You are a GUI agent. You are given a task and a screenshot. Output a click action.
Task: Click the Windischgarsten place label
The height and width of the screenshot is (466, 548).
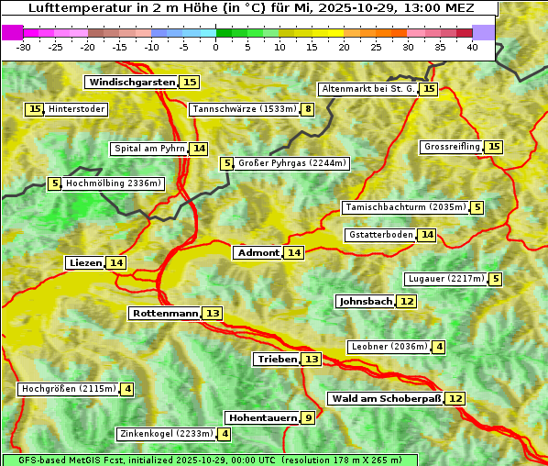click(132, 83)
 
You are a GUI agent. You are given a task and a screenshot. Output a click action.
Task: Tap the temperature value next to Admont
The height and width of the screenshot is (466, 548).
click(293, 253)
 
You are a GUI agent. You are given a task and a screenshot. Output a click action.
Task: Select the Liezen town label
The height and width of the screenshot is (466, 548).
click(85, 263)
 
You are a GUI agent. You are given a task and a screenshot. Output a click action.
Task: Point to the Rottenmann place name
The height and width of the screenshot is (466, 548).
click(165, 314)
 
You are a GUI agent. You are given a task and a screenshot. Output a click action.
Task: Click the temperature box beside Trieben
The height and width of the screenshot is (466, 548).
click(312, 360)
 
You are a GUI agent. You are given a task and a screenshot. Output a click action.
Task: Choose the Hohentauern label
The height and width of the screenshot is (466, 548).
click(262, 418)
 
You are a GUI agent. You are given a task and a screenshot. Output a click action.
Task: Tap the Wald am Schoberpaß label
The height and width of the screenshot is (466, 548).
click(386, 399)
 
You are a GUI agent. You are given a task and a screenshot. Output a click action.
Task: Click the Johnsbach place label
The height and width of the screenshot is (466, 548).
click(366, 302)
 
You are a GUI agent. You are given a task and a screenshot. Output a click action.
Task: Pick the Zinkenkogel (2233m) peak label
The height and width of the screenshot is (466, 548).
click(166, 434)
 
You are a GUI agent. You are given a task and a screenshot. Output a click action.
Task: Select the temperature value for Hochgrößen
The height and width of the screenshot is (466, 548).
click(127, 389)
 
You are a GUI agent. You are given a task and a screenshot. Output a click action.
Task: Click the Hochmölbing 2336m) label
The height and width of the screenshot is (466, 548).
click(114, 183)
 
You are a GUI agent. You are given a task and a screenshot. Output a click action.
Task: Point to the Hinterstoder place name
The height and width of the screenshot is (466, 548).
click(77, 109)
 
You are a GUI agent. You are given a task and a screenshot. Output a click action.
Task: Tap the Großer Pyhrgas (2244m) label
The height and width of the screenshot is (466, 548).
click(292, 163)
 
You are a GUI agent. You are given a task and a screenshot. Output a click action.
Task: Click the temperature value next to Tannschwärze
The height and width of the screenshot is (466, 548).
click(309, 110)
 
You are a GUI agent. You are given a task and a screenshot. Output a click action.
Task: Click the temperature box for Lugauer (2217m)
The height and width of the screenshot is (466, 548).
click(496, 279)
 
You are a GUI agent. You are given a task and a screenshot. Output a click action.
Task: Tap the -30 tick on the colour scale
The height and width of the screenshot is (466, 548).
click(24, 47)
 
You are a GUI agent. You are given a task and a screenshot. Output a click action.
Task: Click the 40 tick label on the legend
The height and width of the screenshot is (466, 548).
click(472, 47)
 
